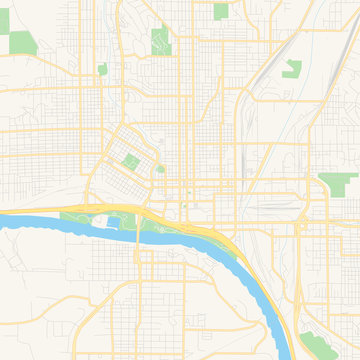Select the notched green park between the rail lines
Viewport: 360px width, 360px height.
click(x=293, y=69)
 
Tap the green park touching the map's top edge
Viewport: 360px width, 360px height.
click(x=221, y=10)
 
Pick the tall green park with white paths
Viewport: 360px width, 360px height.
click(x=159, y=40)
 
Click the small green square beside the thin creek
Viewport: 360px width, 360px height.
click(x=102, y=69)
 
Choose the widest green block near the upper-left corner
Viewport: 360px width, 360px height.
click(x=19, y=43)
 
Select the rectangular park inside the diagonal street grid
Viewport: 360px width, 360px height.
click(x=129, y=159)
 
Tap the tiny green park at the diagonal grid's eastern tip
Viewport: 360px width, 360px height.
click(x=160, y=169)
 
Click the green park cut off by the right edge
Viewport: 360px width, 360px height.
click(x=338, y=183)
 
